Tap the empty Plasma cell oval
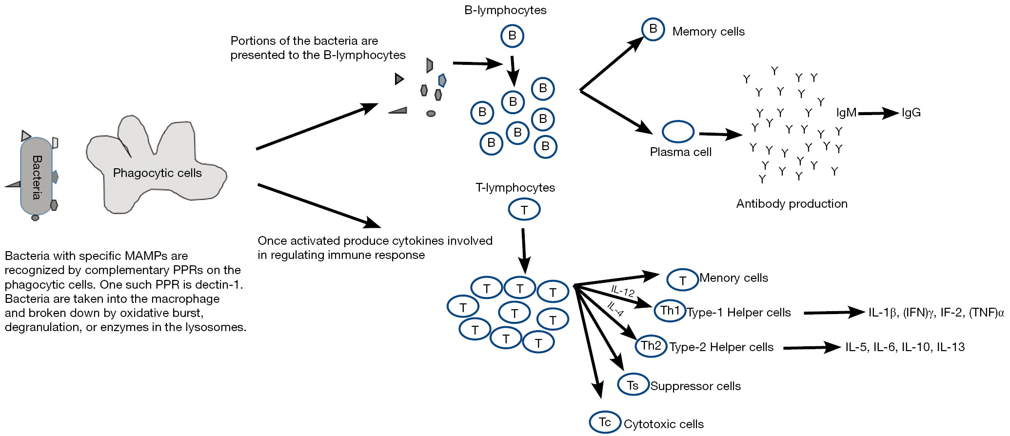[678, 132]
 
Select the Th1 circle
[670, 311]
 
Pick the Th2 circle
[651, 346]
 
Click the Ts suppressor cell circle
[633, 385]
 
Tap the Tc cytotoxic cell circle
[605, 422]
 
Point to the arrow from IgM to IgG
[878, 113]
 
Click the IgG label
[911, 113]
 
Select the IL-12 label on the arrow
[623, 291]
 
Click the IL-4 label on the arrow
[615, 309]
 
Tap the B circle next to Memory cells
[653, 29]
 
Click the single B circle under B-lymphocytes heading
[512, 36]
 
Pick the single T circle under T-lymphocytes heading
[524, 210]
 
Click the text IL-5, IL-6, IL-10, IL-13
[905, 347]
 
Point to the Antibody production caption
[792, 204]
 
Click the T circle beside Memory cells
[682, 280]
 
